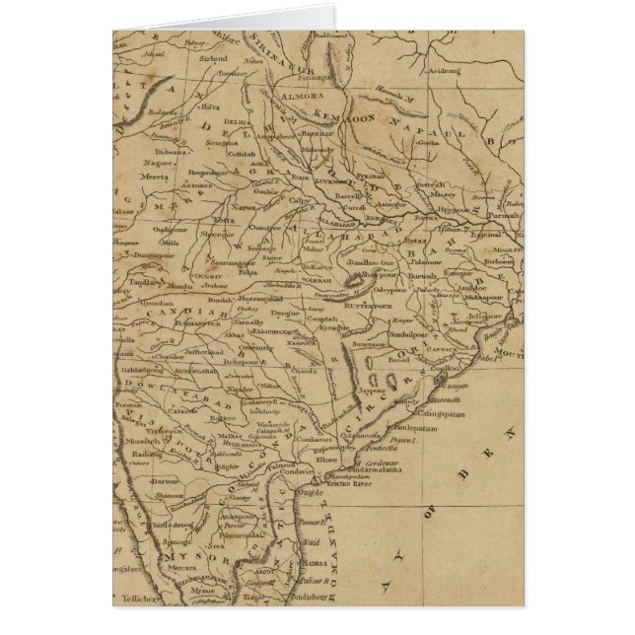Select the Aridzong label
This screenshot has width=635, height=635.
pyautogui.click(x=446, y=71)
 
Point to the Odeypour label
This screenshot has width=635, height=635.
pyautogui.click(x=391, y=289)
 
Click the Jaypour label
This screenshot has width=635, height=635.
pyautogui.click(x=373, y=390)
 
